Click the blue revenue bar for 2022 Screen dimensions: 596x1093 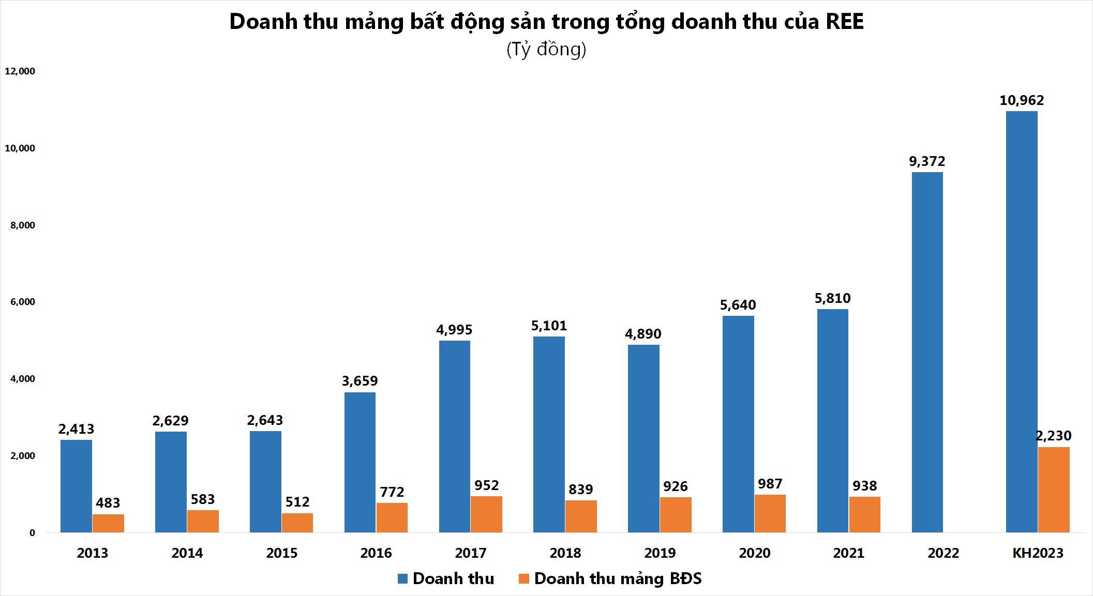(x=927, y=352)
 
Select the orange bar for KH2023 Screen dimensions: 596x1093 (x=1054, y=490)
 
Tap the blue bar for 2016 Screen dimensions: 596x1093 (x=360, y=462)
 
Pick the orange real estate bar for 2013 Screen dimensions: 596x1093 (x=108, y=523)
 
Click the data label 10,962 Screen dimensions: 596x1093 (x=1021, y=100)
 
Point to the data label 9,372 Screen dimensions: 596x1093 (x=926, y=161)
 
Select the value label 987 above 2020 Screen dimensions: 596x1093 (x=770, y=484)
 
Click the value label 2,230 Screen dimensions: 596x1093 (x=1053, y=436)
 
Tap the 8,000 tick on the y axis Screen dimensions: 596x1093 (x=22, y=225)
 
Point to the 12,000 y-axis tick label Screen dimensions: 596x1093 (x=20, y=71)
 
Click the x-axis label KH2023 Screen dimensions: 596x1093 (x=1037, y=553)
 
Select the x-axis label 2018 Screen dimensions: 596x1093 (x=565, y=553)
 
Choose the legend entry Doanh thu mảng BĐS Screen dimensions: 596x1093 (x=617, y=578)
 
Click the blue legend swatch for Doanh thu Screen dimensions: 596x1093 (x=402, y=578)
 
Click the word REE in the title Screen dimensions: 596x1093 (x=844, y=22)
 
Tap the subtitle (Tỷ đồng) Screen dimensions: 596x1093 (x=546, y=50)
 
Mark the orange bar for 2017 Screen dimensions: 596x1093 (x=486, y=514)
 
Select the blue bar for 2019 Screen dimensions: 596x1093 (x=643, y=438)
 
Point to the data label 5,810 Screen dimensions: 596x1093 (x=832, y=298)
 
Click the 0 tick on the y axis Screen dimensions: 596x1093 (x=32, y=533)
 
